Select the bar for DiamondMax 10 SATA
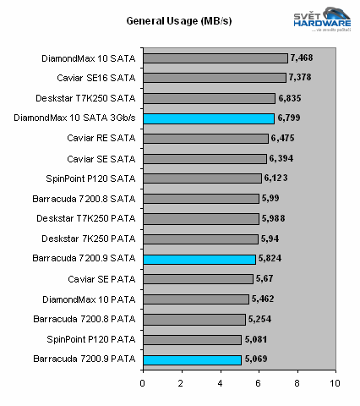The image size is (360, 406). (215, 58)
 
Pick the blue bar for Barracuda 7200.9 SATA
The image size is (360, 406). (199, 259)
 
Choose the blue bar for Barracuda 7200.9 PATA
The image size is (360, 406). (191, 359)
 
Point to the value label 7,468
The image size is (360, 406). (302, 58)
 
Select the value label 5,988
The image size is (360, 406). (273, 218)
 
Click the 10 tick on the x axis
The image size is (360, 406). (335, 381)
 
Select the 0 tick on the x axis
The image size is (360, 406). (142, 381)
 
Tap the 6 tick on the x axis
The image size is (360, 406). (259, 381)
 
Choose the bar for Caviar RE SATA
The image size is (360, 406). (205, 139)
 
